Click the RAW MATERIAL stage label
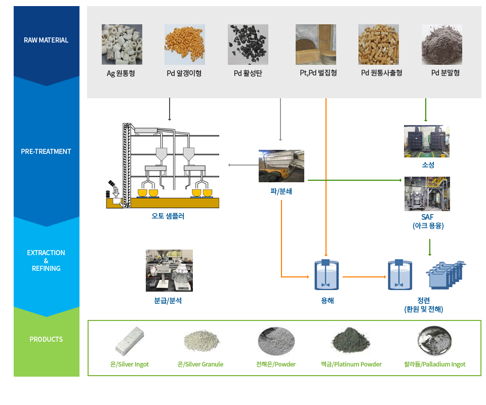[x=46, y=40]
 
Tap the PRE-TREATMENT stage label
[x=46, y=151]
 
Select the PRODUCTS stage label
[x=46, y=339]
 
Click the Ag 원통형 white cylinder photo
[x=122, y=45]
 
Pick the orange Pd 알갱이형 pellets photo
[x=185, y=45]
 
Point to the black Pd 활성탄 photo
[x=248, y=45]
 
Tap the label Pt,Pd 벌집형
[x=318, y=73]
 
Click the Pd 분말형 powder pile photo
[x=441, y=45]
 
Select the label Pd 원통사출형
[x=382, y=73]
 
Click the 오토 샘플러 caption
[x=168, y=216]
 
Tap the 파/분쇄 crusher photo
[x=281, y=166]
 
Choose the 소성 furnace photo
[x=427, y=141]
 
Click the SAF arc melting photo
[x=427, y=194]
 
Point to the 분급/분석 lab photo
[x=169, y=270]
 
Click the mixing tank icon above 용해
[x=327, y=275]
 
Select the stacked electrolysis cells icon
[x=445, y=275]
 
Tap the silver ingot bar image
[x=130, y=341]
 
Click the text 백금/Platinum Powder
[x=351, y=364]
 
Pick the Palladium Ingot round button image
[x=434, y=341]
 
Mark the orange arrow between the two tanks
[x=364, y=277]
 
